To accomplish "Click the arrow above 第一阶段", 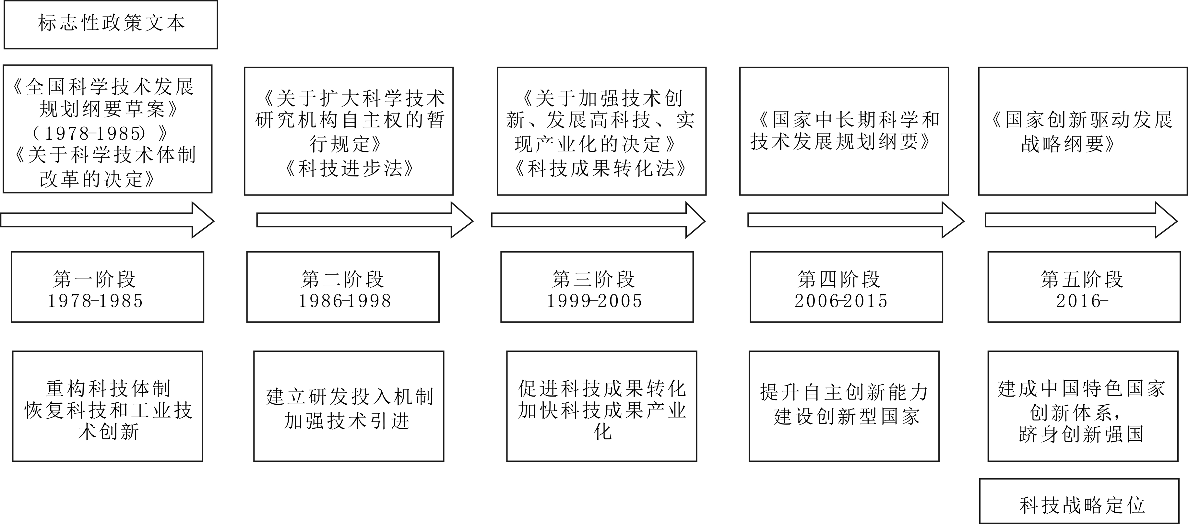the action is (107, 220).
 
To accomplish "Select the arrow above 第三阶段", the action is (598, 220).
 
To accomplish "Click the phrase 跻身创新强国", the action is (1081, 434).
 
